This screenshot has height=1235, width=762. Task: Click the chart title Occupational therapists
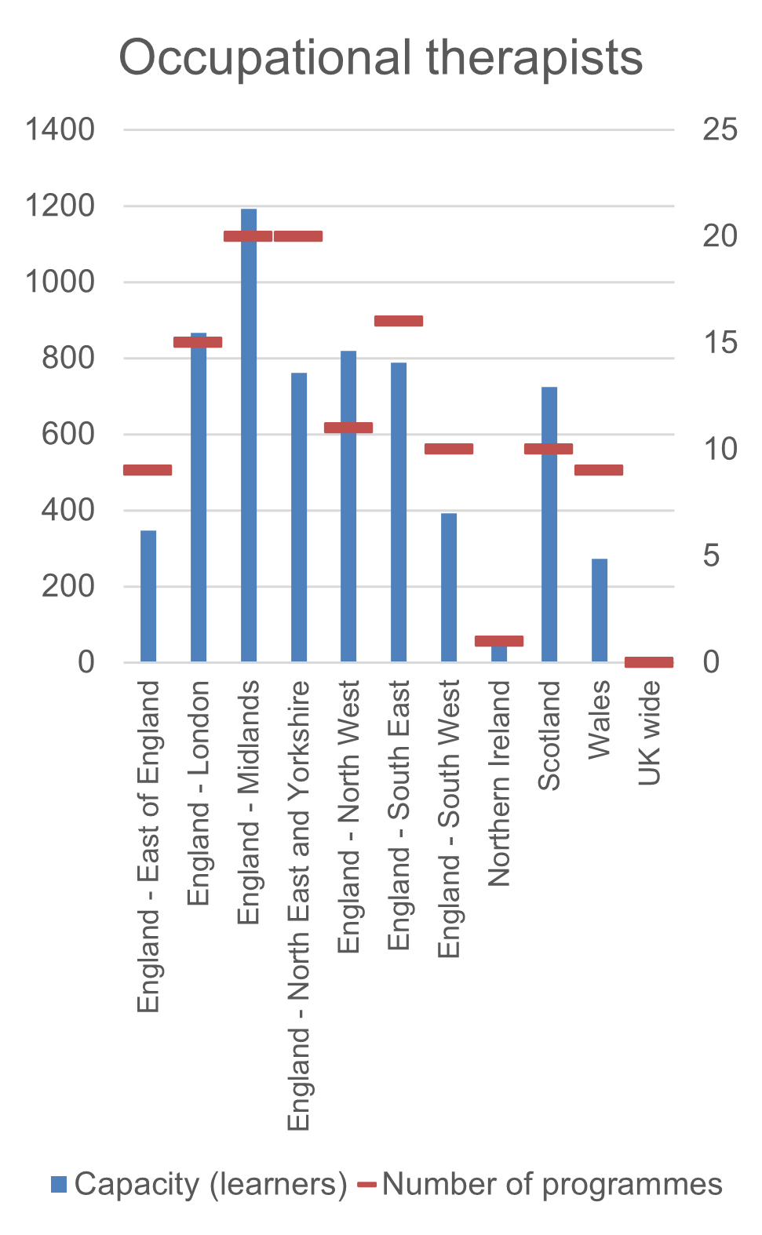click(x=381, y=57)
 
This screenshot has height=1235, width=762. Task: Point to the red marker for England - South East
click(x=399, y=321)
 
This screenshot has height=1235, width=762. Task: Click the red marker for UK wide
click(x=649, y=662)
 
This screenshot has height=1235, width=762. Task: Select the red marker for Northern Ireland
click(x=499, y=641)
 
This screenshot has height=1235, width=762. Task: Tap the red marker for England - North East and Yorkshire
click(x=298, y=236)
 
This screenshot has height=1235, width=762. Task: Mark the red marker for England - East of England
click(x=148, y=470)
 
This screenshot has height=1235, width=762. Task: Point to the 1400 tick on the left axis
click(x=60, y=129)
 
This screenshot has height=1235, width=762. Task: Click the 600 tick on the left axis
click(x=67, y=434)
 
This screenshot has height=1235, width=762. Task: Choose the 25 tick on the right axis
click(x=720, y=129)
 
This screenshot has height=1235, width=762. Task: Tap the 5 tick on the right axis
click(x=711, y=556)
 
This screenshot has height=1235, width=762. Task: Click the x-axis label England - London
click(x=199, y=792)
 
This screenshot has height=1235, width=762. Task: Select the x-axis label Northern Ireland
click(x=499, y=783)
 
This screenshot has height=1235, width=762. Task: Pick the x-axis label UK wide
click(x=649, y=733)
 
